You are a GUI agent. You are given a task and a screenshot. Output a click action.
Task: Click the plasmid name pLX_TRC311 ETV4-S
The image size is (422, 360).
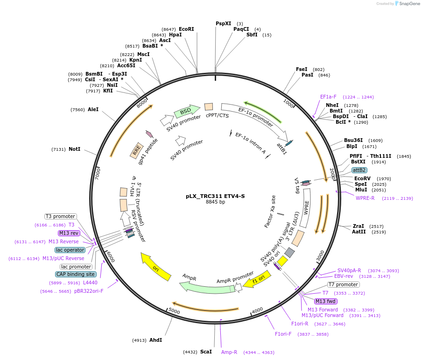[x=215, y=196]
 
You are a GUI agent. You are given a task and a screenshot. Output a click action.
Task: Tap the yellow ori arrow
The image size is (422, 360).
[x=156, y=267]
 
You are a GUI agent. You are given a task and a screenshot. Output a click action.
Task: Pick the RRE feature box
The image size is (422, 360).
[x=136, y=150]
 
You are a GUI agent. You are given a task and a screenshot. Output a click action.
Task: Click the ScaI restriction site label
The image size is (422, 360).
[x=206, y=352]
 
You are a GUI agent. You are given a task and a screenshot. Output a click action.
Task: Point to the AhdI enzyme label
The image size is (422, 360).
[x=155, y=340]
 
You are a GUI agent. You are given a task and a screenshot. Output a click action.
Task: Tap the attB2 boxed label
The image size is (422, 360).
[x=359, y=170]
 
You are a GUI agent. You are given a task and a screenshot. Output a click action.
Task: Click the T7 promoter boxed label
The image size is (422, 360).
[x=343, y=284]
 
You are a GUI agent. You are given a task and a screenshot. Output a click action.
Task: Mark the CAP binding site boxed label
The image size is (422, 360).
[x=76, y=274]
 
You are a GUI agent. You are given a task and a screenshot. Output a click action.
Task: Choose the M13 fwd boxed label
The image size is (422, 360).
[x=325, y=301]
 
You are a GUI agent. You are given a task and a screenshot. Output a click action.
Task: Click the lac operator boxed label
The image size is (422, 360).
[x=70, y=250]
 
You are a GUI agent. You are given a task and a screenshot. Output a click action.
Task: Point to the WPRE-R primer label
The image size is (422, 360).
[x=365, y=198]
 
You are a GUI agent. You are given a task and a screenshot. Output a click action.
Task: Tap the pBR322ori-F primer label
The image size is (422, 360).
[x=89, y=291]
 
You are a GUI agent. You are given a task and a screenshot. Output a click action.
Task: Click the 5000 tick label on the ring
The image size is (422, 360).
[x=174, y=311]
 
